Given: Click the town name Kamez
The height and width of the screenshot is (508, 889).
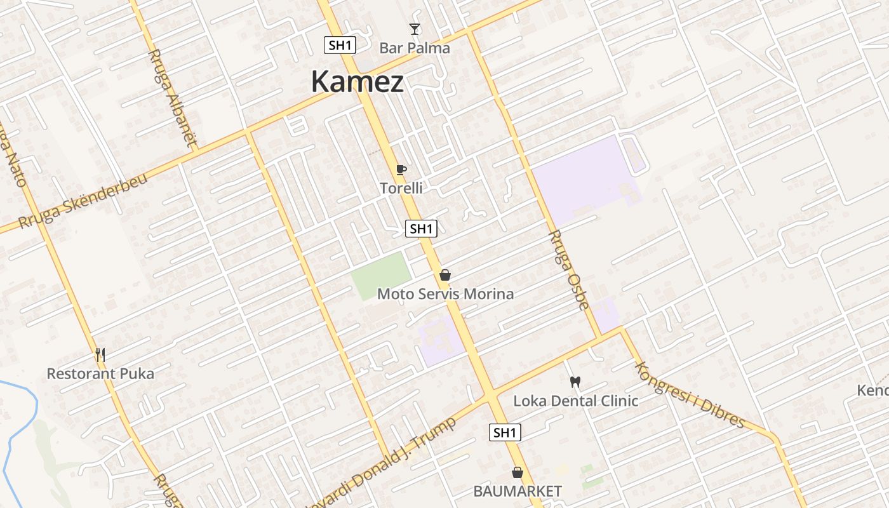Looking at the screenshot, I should [x=358, y=83].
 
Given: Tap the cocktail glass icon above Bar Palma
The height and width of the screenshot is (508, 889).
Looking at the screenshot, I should [x=415, y=29].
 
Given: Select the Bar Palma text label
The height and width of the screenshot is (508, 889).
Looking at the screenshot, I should [x=415, y=48].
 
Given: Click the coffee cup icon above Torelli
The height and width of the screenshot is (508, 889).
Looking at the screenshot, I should [x=401, y=169].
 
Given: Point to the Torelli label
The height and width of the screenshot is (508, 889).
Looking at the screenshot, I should [x=401, y=188].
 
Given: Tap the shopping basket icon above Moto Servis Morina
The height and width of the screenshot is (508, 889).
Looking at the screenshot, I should [x=445, y=275].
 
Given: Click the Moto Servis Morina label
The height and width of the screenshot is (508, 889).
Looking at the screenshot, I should [x=445, y=294].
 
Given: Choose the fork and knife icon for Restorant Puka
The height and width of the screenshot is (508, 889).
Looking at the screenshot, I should [x=100, y=354].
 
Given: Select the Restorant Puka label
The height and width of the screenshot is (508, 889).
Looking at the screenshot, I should [x=100, y=373].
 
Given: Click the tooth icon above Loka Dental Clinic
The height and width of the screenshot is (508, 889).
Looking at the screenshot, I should [x=576, y=382].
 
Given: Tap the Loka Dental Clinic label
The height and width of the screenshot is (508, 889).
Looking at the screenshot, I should [x=575, y=401].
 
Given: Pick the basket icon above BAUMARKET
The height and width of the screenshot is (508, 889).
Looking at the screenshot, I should [x=518, y=472].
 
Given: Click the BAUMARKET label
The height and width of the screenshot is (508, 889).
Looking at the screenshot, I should [x=518, y=491].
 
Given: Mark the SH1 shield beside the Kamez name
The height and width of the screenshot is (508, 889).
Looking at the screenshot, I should [x=340, y=45].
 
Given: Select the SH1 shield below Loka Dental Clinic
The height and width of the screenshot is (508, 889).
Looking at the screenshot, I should [x=505, y=433].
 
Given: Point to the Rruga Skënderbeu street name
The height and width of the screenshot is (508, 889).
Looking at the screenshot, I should [x=83, y=201].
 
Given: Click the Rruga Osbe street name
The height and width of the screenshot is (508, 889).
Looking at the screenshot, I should [x=568, y=270].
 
